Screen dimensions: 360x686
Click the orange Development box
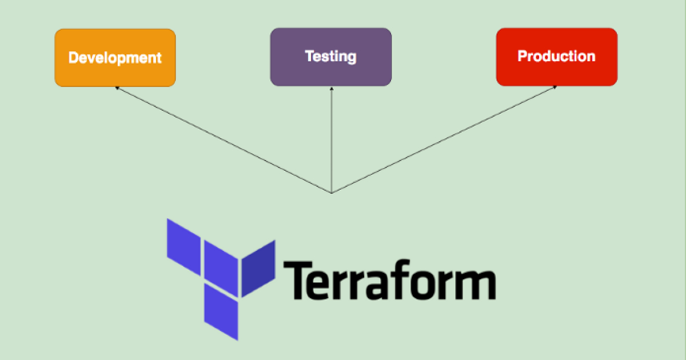tap(115, 74)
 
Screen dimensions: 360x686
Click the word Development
tap(115, 58)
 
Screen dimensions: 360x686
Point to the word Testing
tap(331, 57)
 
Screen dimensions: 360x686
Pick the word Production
tap(556, 56)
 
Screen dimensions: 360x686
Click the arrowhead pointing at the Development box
tap(117, 88)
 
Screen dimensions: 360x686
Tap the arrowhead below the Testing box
tap(332, 89)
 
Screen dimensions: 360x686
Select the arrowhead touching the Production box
tap(555, 87)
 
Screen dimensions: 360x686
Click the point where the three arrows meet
tap(332, 193)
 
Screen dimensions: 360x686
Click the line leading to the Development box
tap(223, 140)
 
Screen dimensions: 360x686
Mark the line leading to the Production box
tap(443, 140)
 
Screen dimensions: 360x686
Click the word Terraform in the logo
tap(389, 280)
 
